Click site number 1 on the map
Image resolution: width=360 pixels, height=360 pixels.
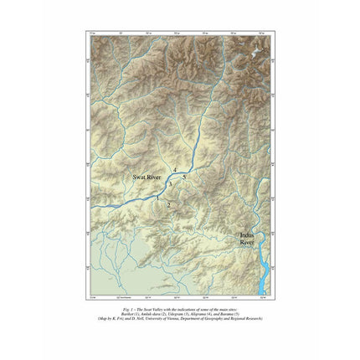[x=157, y=198]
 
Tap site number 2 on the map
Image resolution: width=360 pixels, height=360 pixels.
[x=168, y=205]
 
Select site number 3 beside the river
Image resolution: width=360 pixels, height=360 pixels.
[x=169, y=184]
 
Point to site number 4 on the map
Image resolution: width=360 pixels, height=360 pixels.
[x=175, y=171]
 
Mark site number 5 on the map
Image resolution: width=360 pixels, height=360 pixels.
[x=183, y=178]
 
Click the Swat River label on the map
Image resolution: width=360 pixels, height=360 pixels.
[x=147, y=178]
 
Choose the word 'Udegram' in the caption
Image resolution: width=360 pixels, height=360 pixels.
[x=178, y=314]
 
